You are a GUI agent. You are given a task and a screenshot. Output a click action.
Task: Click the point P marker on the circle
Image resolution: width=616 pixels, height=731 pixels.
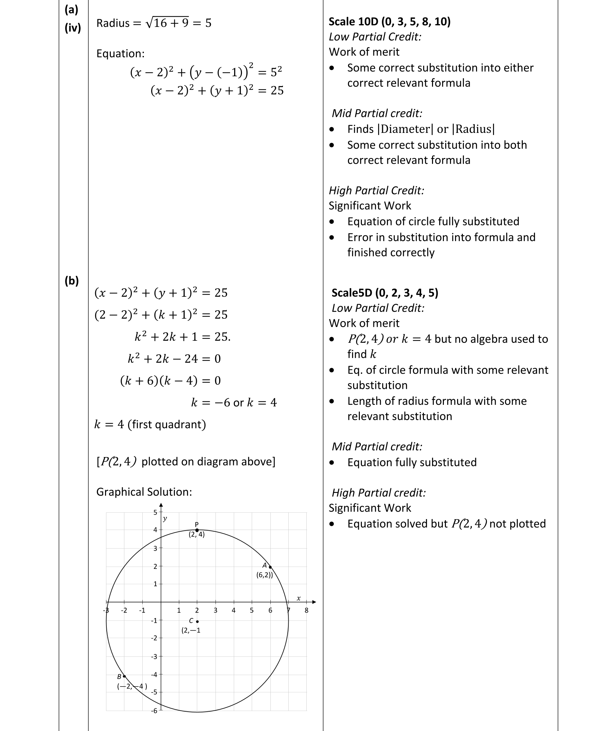[197, 530]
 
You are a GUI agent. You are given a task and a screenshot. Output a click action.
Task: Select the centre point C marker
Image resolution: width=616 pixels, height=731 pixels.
[197, 621]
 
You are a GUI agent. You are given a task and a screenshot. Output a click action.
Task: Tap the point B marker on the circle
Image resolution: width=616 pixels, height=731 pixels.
[124, 676]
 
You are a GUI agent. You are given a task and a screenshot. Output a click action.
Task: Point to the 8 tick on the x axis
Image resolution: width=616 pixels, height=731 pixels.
[307, 610]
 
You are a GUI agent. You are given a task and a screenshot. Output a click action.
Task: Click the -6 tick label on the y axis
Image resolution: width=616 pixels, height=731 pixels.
[154, 711]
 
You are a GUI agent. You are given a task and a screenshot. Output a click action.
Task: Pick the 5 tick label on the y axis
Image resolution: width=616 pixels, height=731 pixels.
[155, 513]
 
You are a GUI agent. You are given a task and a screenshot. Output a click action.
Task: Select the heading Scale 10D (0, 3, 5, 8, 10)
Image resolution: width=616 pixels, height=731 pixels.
[389, 22]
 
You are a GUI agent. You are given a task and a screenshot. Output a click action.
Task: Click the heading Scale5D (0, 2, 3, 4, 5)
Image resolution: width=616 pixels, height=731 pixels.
[385, 293]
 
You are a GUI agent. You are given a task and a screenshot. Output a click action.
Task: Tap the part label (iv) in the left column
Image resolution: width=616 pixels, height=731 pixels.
[73, 27]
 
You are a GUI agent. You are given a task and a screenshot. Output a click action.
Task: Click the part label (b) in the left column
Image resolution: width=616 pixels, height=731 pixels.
[71, 281]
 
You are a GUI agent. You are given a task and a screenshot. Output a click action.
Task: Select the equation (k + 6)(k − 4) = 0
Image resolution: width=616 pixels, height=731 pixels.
[170, 380]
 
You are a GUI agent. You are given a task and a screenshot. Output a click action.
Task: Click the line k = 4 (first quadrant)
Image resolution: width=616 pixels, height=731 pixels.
[150, 424]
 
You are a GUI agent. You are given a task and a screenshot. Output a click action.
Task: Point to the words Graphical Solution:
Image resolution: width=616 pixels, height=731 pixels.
[144, 492]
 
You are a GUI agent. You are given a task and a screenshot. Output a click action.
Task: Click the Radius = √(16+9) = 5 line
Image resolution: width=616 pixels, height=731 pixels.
[153, 23]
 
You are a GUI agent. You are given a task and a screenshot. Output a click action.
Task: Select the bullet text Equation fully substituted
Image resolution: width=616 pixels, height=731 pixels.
[412, 462]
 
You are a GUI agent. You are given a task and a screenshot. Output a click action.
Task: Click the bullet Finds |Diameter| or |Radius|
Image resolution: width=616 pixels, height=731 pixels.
[421, 129]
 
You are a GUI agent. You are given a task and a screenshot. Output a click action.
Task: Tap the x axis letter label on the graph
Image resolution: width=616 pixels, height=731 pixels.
[299, 598]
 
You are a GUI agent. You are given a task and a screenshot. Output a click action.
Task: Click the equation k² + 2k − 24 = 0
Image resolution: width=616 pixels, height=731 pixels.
[174, 358]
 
